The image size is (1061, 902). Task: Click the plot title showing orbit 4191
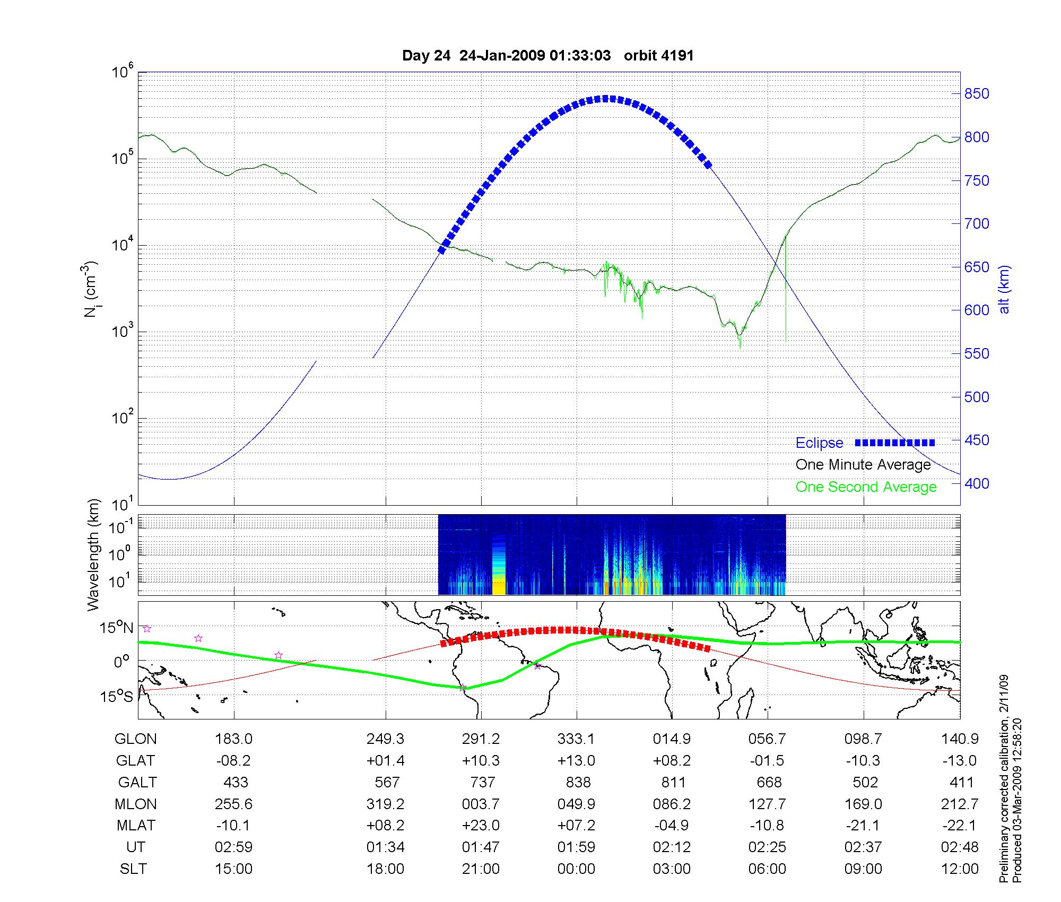coord(548,56)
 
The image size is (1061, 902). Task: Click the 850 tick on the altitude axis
coord(977,94)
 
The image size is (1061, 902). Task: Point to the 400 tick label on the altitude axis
coord(977,483)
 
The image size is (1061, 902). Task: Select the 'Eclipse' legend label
coord(819,443)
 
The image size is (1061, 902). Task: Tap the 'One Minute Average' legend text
coord(863,465)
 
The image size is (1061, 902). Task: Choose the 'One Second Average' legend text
coord(866,487)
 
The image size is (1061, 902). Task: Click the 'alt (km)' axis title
coord(1004,289)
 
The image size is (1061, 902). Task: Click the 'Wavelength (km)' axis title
coord(94,554)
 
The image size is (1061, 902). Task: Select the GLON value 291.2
coord(481,739)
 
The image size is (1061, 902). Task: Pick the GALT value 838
coord(578,782)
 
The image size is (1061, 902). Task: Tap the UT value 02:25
coord(767,847)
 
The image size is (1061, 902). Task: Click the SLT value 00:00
coord(576,869)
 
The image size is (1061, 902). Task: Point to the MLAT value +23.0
coord(481,826)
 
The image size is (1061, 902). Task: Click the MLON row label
coord(136,804)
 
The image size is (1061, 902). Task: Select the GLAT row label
coord(135,760)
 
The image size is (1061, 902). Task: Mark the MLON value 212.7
coord(960,804)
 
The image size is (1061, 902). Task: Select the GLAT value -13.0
coord(960,760)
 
